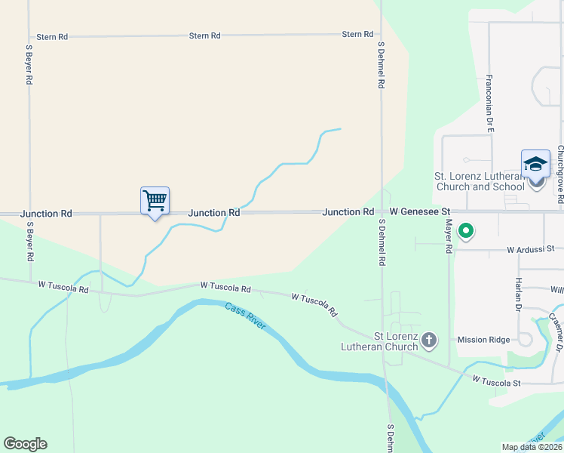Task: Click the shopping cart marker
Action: [155, 202]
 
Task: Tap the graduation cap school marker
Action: [535, 164]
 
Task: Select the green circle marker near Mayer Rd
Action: [466, 230]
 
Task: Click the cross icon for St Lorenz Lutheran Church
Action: [429, 341]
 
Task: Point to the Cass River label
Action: [245, 316]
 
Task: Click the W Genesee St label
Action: [419, 212]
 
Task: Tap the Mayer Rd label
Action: [449, 236]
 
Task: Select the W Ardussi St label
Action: [530, 248]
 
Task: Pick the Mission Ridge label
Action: [483, 340]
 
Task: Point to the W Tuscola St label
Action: [497, 383]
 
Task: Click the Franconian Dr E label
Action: [489, 104]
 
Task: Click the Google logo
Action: [25, 444]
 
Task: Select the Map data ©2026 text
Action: [530, 447]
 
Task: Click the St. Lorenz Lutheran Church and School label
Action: [479, 181]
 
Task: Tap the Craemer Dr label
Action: [556, 332]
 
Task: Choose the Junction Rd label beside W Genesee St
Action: [348, 212]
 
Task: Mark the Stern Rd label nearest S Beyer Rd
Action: [52, 36]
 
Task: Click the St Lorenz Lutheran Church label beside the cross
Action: [396, 341]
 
